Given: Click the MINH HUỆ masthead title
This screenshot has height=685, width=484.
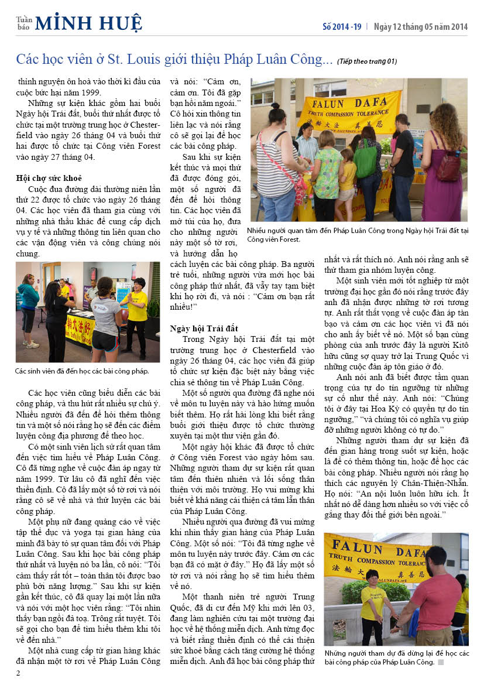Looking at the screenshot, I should point(88,23).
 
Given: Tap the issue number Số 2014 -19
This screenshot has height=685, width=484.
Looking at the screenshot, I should point(342,26).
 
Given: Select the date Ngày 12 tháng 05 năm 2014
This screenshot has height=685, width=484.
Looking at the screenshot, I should point(421,26).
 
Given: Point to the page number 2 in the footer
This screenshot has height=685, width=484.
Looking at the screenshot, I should point(18,672).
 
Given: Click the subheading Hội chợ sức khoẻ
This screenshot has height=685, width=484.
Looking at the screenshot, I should point(49,178).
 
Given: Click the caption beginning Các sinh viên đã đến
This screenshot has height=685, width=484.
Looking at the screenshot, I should point(82,371).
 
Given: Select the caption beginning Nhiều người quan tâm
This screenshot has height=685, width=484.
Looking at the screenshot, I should point(358,235).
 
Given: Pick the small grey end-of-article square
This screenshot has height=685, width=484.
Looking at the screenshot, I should point(441,662).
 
